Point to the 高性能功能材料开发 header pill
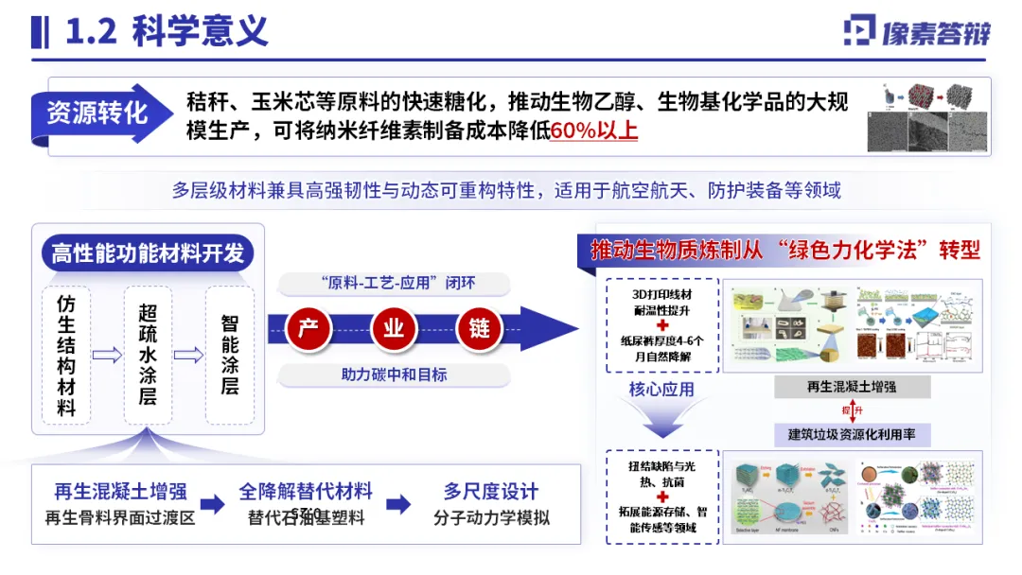coord(148,253)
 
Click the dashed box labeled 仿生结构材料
coord(66,356)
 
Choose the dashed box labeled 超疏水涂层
coord(148,356)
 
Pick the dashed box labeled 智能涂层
coord(229,356)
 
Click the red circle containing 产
coord(307,329)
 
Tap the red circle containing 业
coord(393,329)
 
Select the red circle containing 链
coord(479,329)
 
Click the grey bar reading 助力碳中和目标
coord(394,375)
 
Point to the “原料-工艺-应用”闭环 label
coord(394,284)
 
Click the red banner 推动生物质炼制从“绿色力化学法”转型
coord(784,250)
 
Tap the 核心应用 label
coord(661,389)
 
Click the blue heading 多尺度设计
coord(491,491)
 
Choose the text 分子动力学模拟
coord(491,517)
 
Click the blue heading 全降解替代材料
coord(306,491)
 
